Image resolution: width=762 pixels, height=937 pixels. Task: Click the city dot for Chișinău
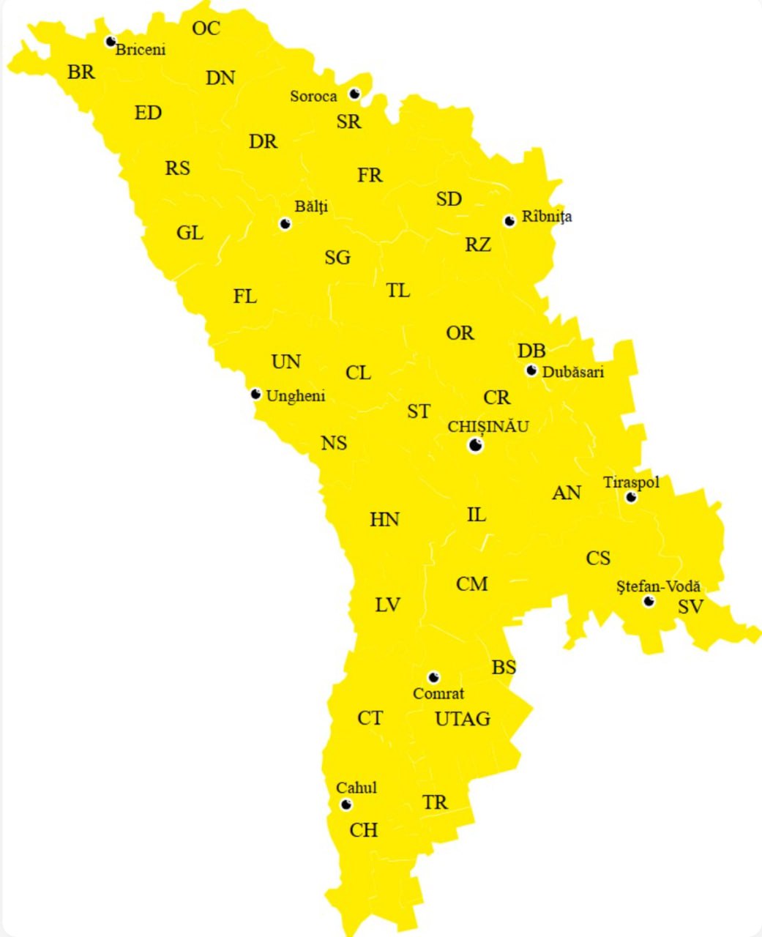(476, 445)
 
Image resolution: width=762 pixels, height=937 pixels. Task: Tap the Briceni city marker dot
(111, 42)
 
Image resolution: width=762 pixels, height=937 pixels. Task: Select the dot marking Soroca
(355, 94)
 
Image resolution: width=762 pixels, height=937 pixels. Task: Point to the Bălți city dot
(285, 224)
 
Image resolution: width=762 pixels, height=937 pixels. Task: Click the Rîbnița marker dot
(509, 220)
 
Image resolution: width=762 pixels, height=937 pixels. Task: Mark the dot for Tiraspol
(631, 498)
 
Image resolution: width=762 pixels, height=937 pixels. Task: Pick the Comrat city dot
(433, 677)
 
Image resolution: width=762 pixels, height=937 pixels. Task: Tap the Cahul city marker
(346, 805)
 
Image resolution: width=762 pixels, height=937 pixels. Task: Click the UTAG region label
(463, 719)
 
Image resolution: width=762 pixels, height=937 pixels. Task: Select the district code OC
(206, 29)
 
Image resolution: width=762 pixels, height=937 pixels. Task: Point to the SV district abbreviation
(690, 607)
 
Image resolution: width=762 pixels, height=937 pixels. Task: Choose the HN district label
(384, 520)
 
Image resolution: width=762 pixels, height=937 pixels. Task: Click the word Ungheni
(296, 396)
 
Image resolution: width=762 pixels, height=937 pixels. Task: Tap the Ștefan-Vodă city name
(659, 586)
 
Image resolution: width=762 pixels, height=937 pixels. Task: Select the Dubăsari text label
(573, 372)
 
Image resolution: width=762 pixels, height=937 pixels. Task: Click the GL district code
(190, 233)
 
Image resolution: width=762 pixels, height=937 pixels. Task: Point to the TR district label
(435, 802)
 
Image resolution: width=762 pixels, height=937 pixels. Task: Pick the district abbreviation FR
(370, 176)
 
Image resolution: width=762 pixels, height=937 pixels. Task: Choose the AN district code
(567, 493)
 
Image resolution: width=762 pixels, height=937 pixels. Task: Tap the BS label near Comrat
(504, 668)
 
